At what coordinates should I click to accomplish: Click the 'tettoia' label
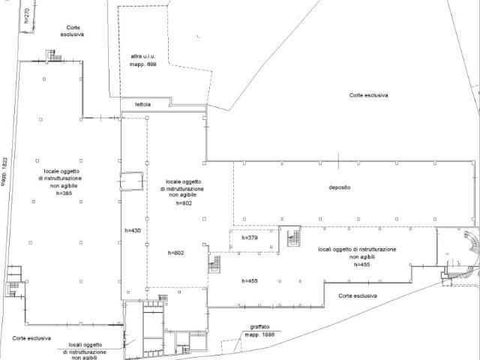click(x=143, y=104)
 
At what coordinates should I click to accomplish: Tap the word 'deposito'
click(x=340, y=187)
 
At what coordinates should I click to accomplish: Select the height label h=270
click(x=27, y=16)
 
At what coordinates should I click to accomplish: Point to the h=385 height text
click(x=64, y=193)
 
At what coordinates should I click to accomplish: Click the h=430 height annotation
click(x=133, y=230)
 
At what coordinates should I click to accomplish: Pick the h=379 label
click(x=250, y=238)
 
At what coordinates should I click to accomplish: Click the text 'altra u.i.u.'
click(x=143, y=56)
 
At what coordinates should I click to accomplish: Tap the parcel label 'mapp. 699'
click(x=143, y=64)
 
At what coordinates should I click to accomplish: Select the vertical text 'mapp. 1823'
click(x=4, y=172)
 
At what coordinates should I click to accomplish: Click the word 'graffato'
click(x=259, y=327)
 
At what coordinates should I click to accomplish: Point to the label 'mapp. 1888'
click(x=259, y=334)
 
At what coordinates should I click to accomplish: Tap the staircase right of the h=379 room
click(x=294, y=238)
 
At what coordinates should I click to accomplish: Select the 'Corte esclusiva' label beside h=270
click(x=72, y=31)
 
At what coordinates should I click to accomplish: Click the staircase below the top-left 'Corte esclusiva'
click(x=54, y=56)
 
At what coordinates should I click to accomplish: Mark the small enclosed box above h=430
click(x=131, y=181)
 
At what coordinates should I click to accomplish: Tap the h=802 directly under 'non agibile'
click(x=184, y=203)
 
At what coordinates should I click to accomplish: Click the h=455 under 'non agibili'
click(x=361, y=265)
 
